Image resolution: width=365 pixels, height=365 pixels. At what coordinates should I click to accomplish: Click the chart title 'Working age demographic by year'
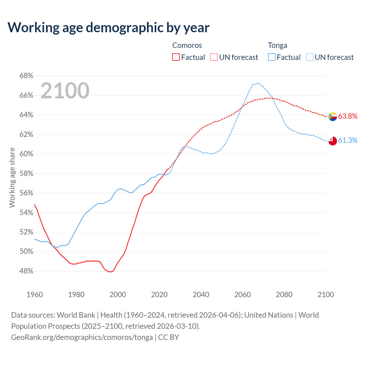pos(108,28)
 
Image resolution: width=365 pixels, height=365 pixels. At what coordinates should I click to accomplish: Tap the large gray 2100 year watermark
pos(65,91)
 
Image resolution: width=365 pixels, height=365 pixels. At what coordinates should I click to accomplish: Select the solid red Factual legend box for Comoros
pos(176,57)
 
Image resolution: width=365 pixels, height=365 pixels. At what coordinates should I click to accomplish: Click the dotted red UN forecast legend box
pos(214,57)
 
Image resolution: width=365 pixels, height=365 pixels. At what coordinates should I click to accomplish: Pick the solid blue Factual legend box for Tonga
pos(272,57)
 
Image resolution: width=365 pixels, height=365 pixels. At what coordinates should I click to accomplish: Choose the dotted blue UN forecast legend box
pos(310,57)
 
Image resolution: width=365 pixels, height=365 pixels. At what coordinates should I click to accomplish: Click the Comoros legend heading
pos(187,45)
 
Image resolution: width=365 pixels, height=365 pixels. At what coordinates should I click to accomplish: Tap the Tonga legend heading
pos(277,45)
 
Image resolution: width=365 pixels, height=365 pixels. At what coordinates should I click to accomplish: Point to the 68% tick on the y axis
pos(26,76)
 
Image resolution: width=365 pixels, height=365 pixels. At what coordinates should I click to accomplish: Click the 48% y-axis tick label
pos(26,271)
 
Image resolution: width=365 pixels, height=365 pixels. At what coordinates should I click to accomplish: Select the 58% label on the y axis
pos(26,174)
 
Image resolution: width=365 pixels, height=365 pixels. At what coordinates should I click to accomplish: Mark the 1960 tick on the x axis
pos(35,295)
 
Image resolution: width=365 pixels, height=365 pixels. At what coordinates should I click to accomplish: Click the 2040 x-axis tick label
pos(201,295)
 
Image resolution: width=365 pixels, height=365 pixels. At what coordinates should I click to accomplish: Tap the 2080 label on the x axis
pos(284,295)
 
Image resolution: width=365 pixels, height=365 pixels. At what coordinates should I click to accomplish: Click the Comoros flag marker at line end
pos(332,116)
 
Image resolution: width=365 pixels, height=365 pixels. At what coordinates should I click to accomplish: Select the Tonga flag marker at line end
pos(332,141)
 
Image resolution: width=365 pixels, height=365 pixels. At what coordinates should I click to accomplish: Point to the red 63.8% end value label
pos(348,116)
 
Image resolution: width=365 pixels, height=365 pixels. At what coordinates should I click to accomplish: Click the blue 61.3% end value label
pos(348,140)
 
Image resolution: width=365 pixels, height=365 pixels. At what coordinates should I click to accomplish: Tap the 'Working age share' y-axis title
pos(12,177)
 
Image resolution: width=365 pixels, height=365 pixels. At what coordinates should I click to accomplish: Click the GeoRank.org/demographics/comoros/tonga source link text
pos(82,337)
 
